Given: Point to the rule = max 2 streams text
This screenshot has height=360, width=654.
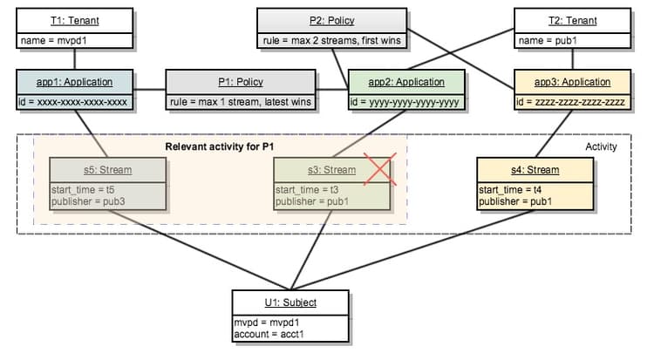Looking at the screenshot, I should pyautogui.click(x=330, y=40).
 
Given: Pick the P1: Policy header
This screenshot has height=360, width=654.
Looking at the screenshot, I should pyautogui.click(x=242, y=82).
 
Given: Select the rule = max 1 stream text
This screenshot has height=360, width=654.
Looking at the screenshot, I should pyautogui.click(x=242, y=101).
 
